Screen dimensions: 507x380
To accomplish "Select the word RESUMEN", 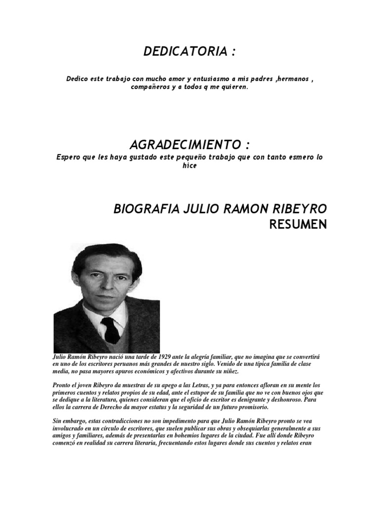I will click(x=298, y=225).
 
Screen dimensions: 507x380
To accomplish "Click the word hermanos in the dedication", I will click(x=285, y=79).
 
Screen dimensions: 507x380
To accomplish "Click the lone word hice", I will click(x=190, y=165).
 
